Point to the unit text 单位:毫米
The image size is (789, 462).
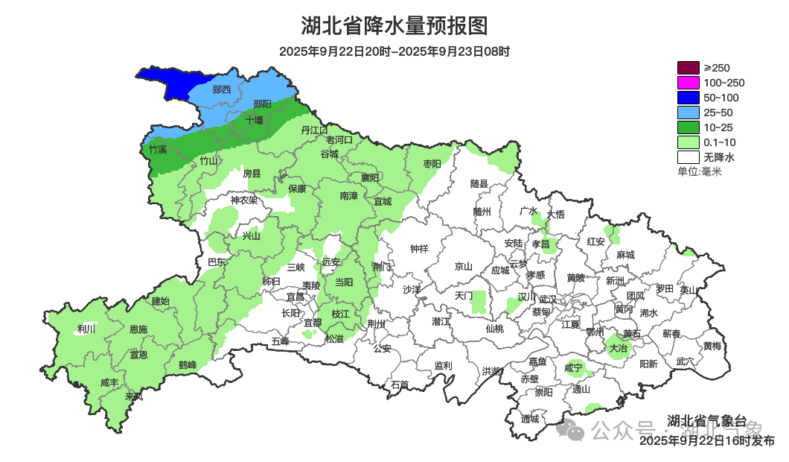coord(699,171)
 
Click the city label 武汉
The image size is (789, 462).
coord(548,297)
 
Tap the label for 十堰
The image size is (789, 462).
coord(255,119)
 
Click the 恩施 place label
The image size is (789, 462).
coord(138,329)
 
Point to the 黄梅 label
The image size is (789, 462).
coord(712,346)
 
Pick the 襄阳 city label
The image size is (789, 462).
coord(370,177)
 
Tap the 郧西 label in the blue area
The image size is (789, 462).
coord(222,89)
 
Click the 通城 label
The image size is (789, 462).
coord(530,419)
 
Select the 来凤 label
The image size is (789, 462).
coord(134,396)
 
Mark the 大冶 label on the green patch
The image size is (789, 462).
coord(618,347)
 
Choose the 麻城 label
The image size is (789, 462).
coord(625,254)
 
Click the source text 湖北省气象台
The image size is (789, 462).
coord(706,420)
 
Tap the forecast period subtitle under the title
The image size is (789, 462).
coord(394,51)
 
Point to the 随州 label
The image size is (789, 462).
coord(482,211)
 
